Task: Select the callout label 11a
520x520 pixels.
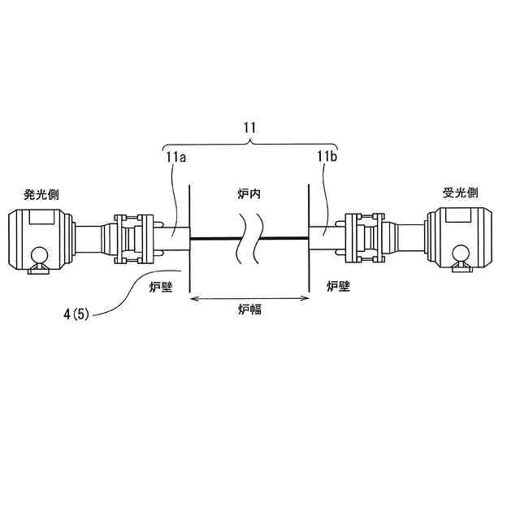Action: (x=176, y=158)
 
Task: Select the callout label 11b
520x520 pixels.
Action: (x=327, y=157)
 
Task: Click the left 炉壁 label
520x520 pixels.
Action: (x=161, y=285)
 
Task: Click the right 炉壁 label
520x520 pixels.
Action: (x=338, y=285)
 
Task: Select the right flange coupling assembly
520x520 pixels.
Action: (x=363, y=238)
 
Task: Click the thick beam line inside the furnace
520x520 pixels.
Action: (x=219, y=238)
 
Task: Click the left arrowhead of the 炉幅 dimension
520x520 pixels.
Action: (x=193, y=298)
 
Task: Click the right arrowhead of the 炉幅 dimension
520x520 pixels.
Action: (x=306, y=298)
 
